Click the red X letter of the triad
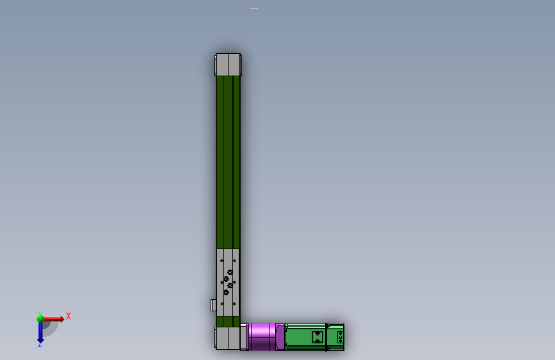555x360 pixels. pos(68,315)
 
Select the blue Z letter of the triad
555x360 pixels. pos(40,345)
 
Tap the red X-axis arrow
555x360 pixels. pos(55,318)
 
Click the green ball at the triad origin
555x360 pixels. pos(40,318)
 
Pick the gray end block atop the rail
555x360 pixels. pos(228,65)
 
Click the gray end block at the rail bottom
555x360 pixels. pos(227,337)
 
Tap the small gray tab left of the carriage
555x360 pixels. pos(214,305)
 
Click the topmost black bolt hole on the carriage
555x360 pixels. pos(229,273)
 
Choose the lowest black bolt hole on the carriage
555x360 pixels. pos(226,293)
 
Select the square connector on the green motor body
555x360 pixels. pos(316,337)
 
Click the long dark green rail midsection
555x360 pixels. pos(229,160)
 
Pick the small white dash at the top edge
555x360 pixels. pos(254,9)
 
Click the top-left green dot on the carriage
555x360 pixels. pos(221,261)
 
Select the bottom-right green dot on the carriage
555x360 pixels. pos(236,304)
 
